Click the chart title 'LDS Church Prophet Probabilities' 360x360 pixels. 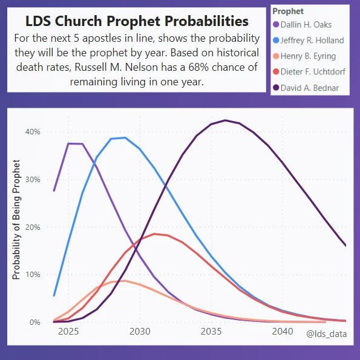tap(137, 21)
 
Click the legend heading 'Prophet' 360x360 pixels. tap(287, 11)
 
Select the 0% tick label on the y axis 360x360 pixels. tap(34, 322)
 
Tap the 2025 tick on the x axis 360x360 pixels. tap(68, 332)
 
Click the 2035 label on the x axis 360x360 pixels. tap(211, 332)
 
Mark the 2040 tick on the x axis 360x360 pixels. tap(283, 332)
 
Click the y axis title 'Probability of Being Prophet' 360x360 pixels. tap(17, 220)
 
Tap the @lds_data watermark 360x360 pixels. tap(326, 333)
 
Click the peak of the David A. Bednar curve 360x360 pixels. tap(225, 120)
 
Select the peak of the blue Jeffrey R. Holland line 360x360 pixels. tap(125, 138)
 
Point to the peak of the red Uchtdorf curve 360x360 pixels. tap(154, 234)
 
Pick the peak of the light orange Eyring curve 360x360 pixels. tap(123, 281)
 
